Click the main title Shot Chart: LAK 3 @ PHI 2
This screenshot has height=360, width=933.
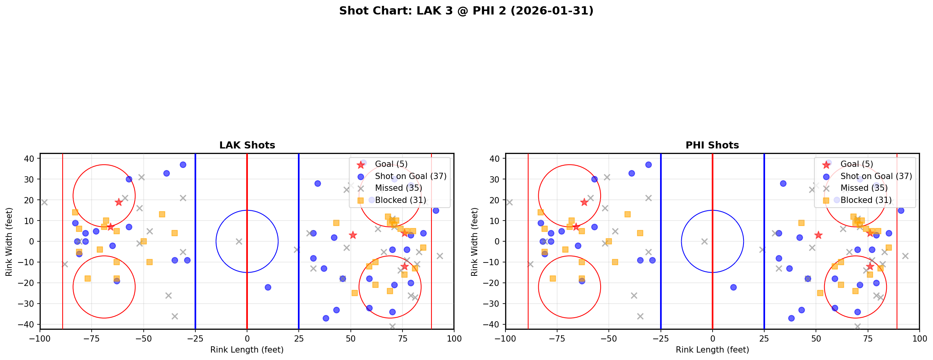(466, 11)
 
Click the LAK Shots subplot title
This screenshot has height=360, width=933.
(247, 145)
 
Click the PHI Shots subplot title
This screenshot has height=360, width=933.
(712, 145)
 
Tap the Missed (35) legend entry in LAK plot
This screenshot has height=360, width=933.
(398, 188)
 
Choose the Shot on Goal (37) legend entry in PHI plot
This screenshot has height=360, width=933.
(876, 176)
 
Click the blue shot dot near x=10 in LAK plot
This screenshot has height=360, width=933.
(268, 287)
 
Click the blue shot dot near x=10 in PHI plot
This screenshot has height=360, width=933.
(733, 287)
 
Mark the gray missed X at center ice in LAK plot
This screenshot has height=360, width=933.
(239, 241)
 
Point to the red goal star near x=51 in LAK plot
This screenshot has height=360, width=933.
(353, 235)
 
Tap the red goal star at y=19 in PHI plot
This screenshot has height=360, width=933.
(584, 202)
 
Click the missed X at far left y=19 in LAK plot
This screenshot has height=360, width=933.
(44, 202)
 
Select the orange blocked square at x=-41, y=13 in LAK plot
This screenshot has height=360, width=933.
(162, 214)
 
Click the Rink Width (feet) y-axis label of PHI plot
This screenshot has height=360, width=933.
(475, 242)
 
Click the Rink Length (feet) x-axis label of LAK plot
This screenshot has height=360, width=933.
(247, 350)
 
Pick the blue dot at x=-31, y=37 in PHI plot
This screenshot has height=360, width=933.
(648, 165)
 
